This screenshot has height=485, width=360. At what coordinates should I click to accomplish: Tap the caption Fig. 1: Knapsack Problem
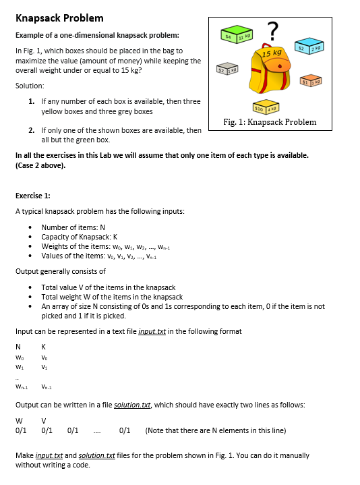[269, 122]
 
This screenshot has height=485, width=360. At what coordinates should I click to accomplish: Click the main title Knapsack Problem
[59, 18]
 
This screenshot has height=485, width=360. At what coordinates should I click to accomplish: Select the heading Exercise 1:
[34, 196]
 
